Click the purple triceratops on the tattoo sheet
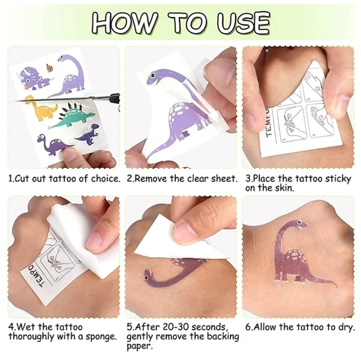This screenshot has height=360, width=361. (x=33, y=78)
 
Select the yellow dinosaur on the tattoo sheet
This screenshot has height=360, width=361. (x=42, y=108)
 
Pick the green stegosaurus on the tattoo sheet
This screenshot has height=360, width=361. (x=73, y=116)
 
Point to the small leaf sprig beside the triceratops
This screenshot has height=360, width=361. (x=50, y=67)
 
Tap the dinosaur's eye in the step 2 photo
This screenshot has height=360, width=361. (x=152, y=75)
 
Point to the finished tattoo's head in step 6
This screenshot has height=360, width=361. (x=299, y=223)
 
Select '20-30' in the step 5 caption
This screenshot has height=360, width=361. (x=176, y=327)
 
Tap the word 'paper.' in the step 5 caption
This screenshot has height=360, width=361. (x=140, y=346)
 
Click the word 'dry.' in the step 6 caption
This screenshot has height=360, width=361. (x=345, y=327)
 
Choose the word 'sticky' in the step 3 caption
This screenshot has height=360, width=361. (x=338, y=179)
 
